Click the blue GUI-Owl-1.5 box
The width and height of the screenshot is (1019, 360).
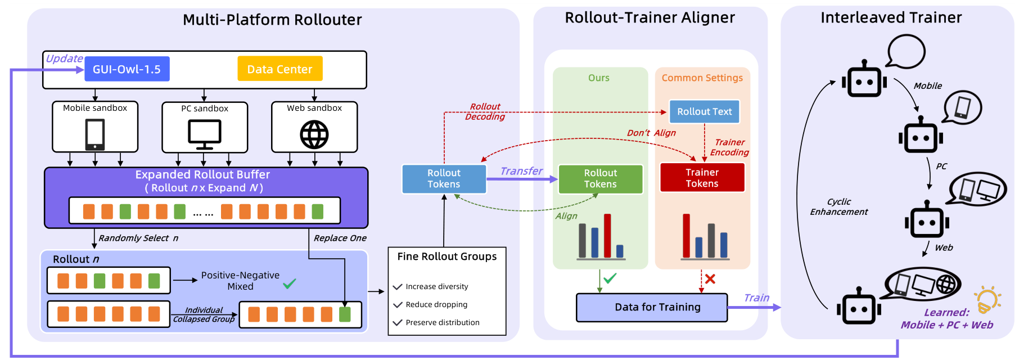click(127, 69)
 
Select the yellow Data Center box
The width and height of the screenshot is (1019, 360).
click(279, 69)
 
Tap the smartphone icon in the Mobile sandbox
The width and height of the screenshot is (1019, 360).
click(94, 134)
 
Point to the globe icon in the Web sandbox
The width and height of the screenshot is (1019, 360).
click(314, 135)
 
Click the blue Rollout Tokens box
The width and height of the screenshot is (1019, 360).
click(444, 179)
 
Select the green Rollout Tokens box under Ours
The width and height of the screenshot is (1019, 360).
click(600, 179)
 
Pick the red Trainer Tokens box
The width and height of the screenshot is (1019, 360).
click(702, 178)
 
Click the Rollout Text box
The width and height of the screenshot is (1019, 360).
click(704, 111)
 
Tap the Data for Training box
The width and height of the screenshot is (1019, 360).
click(651, 307)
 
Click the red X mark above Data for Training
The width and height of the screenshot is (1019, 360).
click(710, 279)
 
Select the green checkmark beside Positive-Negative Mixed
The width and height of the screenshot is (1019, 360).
click(289, 283)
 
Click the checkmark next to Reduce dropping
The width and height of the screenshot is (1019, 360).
click(398, 304)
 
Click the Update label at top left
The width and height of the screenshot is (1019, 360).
click(64, 58)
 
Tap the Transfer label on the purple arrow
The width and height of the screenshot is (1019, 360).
click(521, 171)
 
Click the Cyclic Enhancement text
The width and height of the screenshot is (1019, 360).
click(838, 206)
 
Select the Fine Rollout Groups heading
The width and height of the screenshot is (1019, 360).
click(447, 256)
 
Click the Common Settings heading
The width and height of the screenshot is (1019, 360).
click(702, 78)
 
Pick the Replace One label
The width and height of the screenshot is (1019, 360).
click(340, 238)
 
